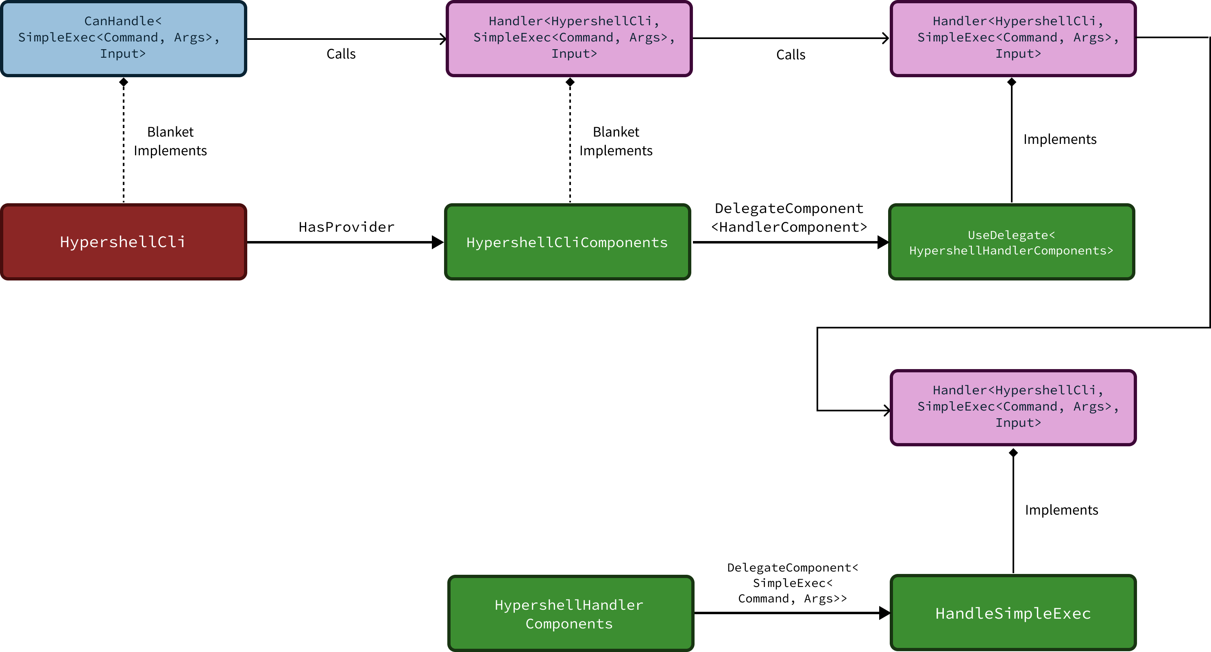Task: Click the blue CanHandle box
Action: click(123, 39)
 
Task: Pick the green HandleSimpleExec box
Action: click(1013, 613)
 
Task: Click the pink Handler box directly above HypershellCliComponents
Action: click(569, 39)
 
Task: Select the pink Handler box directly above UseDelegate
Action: click(1013, 39)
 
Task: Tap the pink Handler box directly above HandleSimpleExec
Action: click(1013, 407)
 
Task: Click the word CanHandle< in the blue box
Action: click(123, 21)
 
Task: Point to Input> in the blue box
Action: click(123, 54)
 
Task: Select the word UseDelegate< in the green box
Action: click(1011, 235)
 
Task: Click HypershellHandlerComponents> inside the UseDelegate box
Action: click(1011, 250)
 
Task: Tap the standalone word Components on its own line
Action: click(569, 624)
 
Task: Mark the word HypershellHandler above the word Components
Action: click(569, 605)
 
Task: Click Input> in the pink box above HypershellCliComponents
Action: click(574, 54)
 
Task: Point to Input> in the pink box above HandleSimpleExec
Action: click(1018, 423)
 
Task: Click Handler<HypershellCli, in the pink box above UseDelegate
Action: click(1018, 21)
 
